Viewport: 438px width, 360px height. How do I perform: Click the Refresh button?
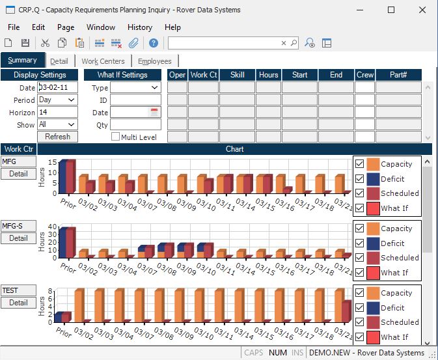(x=57, y=137)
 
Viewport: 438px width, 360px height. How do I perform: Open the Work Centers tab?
(x=103, y=61)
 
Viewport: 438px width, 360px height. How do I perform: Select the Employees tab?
(x=154, y=61)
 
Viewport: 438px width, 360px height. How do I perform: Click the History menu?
(x=140, y=27)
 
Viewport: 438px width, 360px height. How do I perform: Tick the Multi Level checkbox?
(x=116, y=137)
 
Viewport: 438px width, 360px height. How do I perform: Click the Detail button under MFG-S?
(x=18, y=238)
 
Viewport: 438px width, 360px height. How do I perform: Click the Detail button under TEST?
(x=18, y=303)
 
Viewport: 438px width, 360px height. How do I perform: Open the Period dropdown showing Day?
(x=57, y=100)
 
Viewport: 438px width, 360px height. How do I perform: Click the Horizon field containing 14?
(x=57, y=112)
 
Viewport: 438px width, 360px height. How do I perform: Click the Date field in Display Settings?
(x=57, y=87)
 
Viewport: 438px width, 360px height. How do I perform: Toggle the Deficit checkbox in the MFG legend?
(x=360, y=179)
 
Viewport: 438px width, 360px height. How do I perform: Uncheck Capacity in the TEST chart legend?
(x=360, y=293)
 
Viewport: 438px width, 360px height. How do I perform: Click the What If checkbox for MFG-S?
(x=360, y=273)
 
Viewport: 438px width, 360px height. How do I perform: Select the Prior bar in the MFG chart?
(x=67, y=176)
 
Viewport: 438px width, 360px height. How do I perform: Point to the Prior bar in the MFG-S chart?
(x=67, y=242)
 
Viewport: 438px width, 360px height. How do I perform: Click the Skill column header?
(x=237, y=75)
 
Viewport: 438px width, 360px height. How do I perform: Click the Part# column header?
(x=398, y=75)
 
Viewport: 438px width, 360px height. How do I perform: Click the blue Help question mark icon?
(x=154, y=43)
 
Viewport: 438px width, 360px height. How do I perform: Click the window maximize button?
(x=391, y=10)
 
